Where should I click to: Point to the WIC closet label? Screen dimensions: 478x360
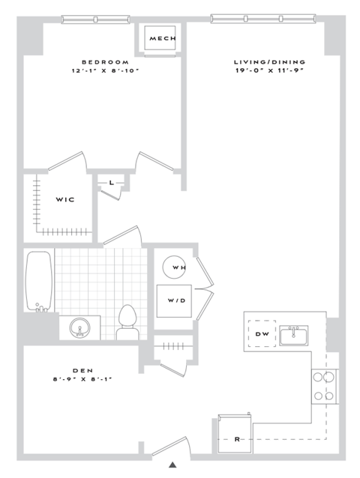click(x=63, y=199)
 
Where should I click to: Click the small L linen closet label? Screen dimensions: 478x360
click(x=111, y=182)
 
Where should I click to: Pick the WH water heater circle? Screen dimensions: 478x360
click(x=178, y=267)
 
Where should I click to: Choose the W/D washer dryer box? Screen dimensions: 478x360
click(x=177, y=302)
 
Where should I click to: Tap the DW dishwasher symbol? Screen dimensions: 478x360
click(x=262, y=333)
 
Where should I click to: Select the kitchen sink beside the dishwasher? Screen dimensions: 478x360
click(x=295, y=336)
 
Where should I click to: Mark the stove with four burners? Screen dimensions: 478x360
click(x=325, y=387)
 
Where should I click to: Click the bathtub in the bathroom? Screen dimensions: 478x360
click(x=39, y=281)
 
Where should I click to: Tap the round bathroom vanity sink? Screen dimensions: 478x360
click(x=80, y=327)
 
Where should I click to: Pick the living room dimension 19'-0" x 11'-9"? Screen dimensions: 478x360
click(x=262, y=72)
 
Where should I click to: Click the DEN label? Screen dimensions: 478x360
click(x=82, y=369)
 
